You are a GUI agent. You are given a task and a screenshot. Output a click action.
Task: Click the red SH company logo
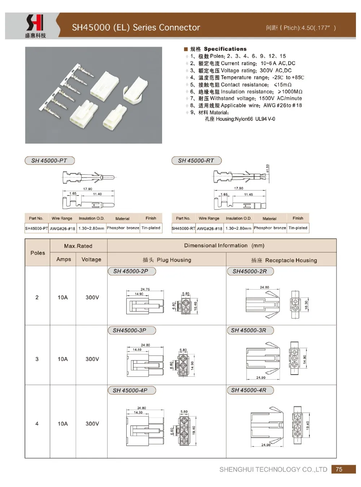(35, 23)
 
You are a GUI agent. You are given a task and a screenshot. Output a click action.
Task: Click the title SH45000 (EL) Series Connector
(136, 27)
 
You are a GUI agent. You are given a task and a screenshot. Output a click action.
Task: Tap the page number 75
(339, 469)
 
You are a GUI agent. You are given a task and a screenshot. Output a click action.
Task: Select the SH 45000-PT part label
(49, 161)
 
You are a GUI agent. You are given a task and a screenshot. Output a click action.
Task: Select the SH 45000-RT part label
(196, 161)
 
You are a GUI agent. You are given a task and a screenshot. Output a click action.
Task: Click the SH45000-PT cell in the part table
(36, 228)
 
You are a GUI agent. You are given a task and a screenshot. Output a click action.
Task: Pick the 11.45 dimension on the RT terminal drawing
(248, 195)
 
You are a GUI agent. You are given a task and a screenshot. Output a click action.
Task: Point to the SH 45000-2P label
(131, 271)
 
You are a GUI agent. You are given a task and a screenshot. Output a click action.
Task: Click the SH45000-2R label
(250, 271)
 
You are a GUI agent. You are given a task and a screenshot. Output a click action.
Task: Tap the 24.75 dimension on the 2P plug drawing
(145, 289)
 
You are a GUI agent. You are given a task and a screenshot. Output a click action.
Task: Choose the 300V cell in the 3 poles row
(92, 359)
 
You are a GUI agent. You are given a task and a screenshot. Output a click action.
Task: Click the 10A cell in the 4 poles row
(63, 424)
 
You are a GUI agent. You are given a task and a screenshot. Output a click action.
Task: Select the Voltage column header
(91, 259)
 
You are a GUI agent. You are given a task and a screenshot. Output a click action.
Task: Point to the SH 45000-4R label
(249, 390)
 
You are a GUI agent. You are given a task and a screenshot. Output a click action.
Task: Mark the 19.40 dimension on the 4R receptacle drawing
(308, 425)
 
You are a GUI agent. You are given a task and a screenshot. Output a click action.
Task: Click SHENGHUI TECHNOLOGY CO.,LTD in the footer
(273, 469)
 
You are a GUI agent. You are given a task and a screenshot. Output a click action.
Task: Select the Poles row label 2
(37, 297)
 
